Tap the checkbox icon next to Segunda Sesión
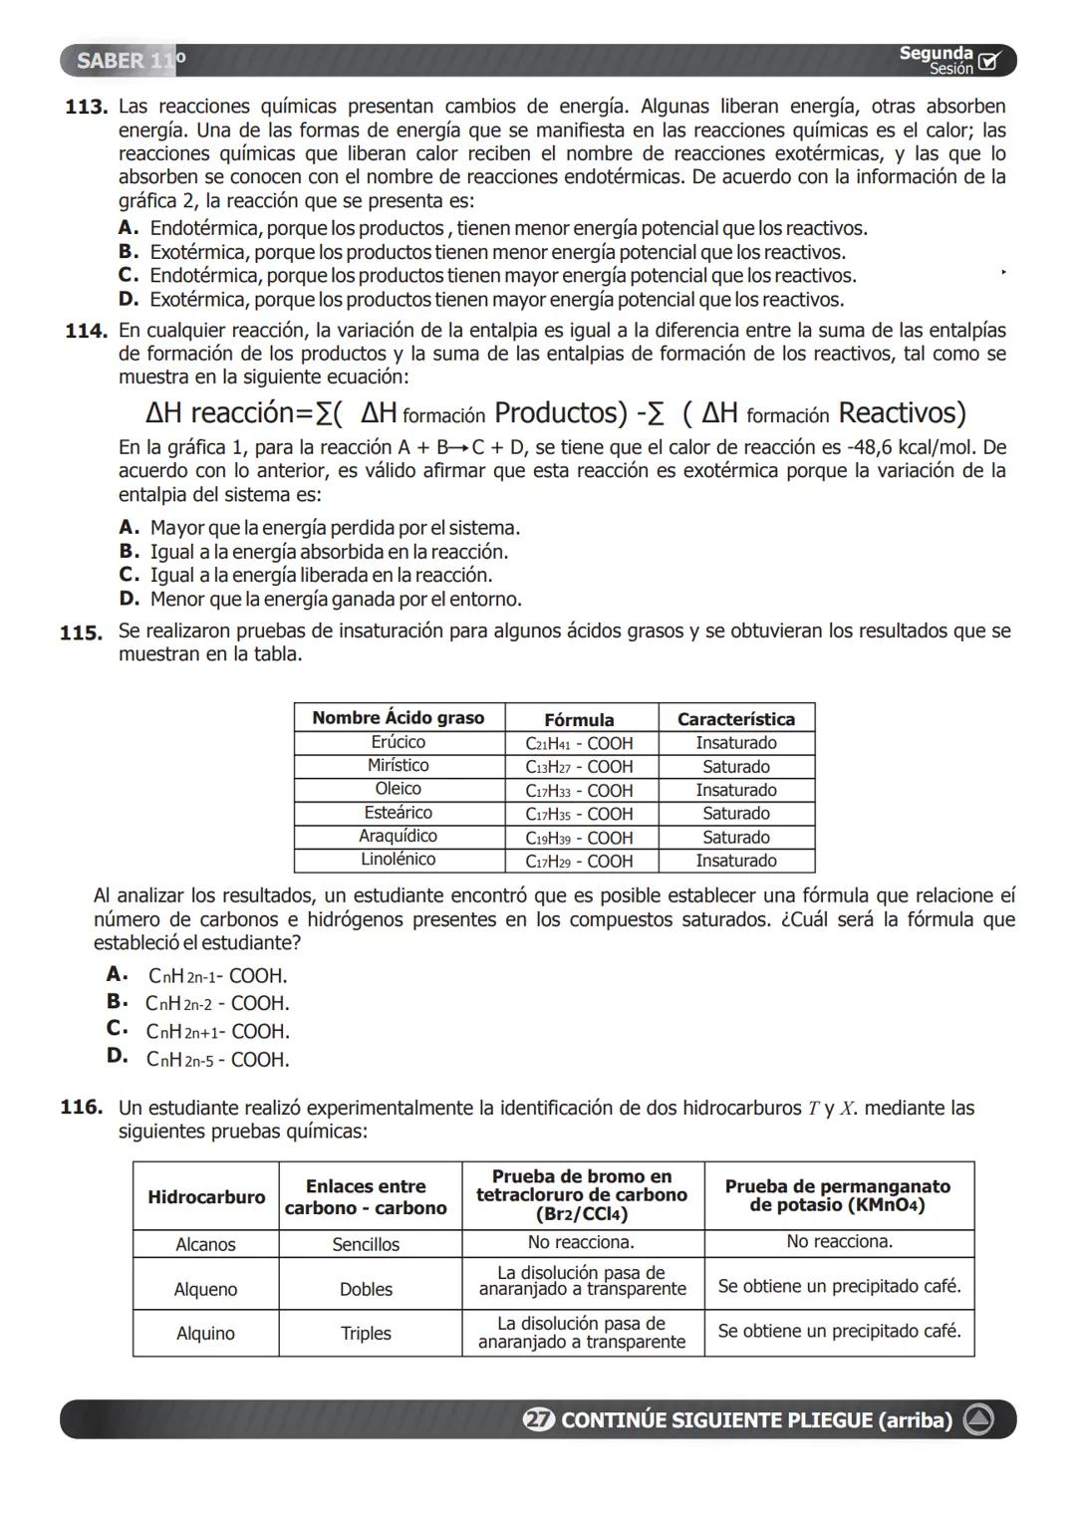click(x=988, y=62)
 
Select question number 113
click(x=86, y=107)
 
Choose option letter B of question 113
click(x=128, y=253)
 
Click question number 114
click(x=86, y=331)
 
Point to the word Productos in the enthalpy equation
click(x=561, y=412)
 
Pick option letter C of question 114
click(x=128, y=575)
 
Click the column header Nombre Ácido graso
click(x=398, y=718)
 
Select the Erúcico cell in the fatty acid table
click(x=398, y=743)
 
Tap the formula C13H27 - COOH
click(x=579, y=767)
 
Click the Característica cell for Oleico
click(x=735, y=790)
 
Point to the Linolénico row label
click(x=398, y=860)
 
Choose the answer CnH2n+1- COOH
click(x=218, y=1032)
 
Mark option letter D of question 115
click(x=117, y=1056)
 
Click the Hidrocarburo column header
click(x=206, y=1197)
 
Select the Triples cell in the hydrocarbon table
click(x=366, y=1334)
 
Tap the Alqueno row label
click(x=205, y=1290)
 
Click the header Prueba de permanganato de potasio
click(x=838, y=1195)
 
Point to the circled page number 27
click(x=538, y=1420)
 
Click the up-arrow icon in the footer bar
click(x=977, y=1420)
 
